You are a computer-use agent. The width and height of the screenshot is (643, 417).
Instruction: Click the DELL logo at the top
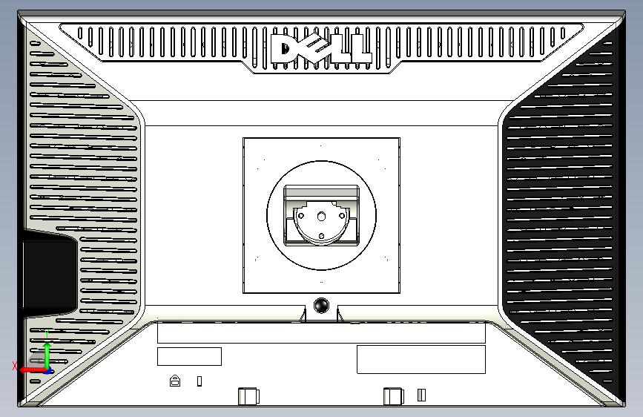(x=321, y=48)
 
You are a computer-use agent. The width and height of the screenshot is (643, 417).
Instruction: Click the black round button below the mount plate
(x=321, y=305)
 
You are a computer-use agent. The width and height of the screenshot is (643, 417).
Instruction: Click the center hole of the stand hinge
(x=321, y=216)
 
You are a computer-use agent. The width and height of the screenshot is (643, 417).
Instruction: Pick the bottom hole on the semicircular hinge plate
(x=321, y=237)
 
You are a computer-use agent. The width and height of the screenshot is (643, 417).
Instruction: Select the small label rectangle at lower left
(x=189, y=356)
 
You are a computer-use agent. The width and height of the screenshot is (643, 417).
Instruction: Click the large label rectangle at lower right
(x=421, y=359)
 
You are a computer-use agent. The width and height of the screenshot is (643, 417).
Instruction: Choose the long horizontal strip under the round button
(x=321, y=332)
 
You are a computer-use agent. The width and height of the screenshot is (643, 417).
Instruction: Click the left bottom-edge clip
(x=249, y=396)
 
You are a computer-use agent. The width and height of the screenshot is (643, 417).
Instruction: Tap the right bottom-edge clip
(x=393, y=396)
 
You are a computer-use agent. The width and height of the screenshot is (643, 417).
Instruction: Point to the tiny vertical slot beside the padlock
(x=199, y=381)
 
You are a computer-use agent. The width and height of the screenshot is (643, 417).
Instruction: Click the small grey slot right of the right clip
(x=421, y=395)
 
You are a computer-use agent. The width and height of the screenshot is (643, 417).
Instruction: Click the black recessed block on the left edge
(x=48, y=272)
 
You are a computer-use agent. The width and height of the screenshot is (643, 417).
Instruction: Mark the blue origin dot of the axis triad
(x=47, y=370)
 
